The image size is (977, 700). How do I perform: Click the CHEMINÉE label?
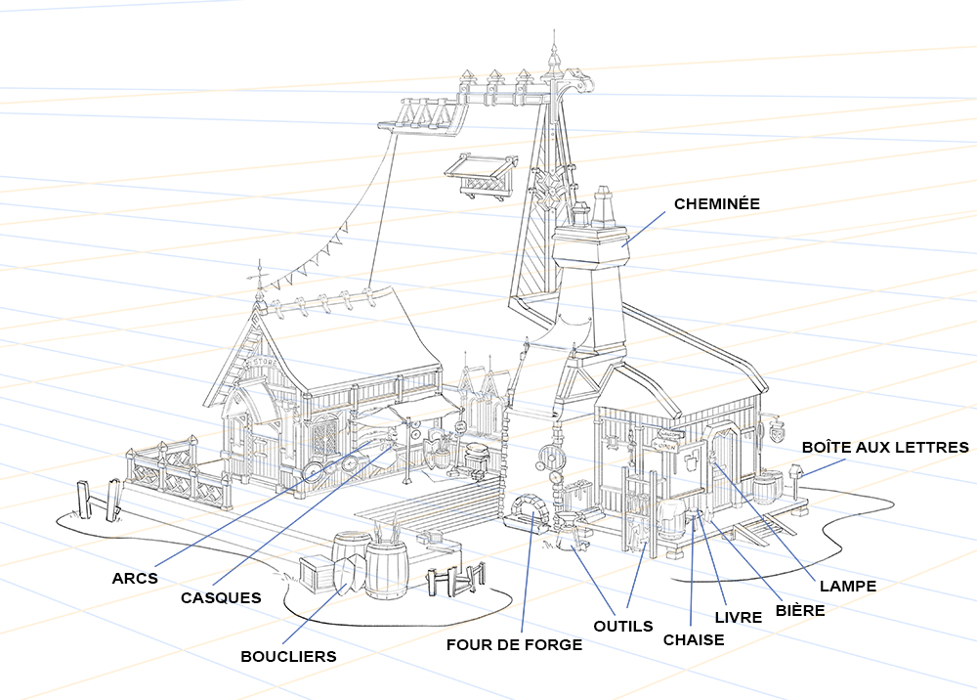(716, 203)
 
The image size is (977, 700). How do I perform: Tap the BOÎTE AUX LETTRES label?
(885, 447)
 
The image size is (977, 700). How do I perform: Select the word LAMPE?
(847, 587)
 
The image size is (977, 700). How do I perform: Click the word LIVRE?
(738, 618)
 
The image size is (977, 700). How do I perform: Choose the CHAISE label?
(694, 640)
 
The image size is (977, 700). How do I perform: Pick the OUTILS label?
(622, 626)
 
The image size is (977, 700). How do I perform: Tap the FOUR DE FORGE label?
(514, 644)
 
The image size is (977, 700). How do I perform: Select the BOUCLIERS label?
(288, 656)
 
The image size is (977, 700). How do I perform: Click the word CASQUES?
(221, 597)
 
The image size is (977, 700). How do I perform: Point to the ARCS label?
(135, 578)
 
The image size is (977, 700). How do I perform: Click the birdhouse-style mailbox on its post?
(796, 473)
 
